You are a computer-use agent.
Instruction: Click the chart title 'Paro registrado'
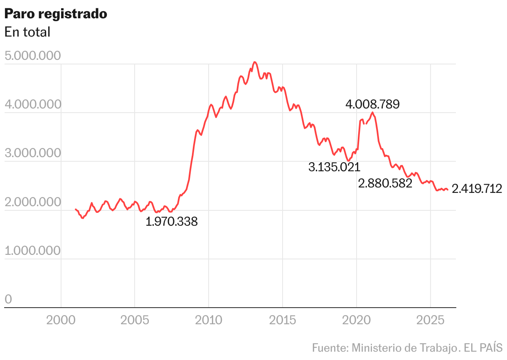tap(56, 14)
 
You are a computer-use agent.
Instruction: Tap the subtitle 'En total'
tap(27, 32)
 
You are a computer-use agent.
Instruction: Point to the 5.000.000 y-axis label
tap(33, 56)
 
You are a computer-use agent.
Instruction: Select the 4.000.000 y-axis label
tap(33, 105)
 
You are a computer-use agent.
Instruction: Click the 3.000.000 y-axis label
tap(33, 153)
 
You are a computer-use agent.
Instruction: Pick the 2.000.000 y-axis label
tap(33, 202)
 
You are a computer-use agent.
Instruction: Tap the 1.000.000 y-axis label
tap(33, 251)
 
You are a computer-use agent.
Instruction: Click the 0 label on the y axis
tap(8, 300)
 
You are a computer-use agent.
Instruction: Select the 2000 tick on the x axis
tap(61, 320)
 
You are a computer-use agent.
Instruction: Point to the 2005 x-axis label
tap(135, 320)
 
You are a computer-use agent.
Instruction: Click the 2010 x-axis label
tap(209, 320)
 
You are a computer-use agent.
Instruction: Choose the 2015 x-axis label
tap(283, 320)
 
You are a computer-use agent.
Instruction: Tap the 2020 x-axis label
tap(356, 320)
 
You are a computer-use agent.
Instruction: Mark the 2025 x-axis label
tap(430, 320)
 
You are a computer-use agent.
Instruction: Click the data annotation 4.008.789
tap(372, 104)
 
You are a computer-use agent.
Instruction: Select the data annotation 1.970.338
tap(172, 222)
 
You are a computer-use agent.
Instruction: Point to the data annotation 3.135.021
tap(334, 167)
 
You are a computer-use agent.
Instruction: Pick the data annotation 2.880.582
tap(385, 183)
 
